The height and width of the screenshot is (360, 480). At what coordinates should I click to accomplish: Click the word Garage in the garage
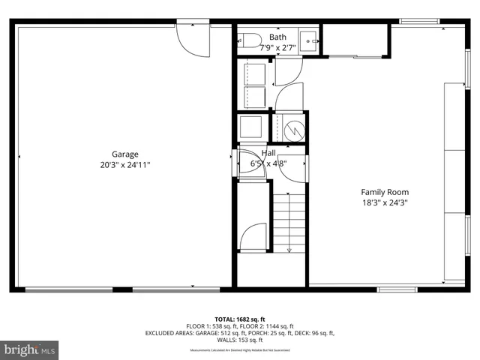click(x=125, y=154)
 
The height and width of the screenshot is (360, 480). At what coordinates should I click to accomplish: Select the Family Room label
click(x=385, y=192)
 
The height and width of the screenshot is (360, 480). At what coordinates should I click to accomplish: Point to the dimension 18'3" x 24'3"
click(x=385, y=202)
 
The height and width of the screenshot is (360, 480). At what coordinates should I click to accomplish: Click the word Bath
click(x=277, y=37)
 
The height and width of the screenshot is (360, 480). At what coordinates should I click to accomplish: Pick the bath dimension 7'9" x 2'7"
click(x=277, y=47)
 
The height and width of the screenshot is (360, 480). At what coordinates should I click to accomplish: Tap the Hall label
click(x=268, y=153)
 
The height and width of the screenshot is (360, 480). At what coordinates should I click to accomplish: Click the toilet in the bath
click(x=250, y=40)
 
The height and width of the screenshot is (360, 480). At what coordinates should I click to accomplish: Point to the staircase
click(x=289, y=222)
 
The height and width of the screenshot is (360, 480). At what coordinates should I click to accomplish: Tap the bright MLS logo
click(x=29, y=349)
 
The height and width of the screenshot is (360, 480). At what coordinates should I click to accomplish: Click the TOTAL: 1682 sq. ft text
click(x=240, y=318)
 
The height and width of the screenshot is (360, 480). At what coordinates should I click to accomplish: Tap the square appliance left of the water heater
click(x=250, y=127)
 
